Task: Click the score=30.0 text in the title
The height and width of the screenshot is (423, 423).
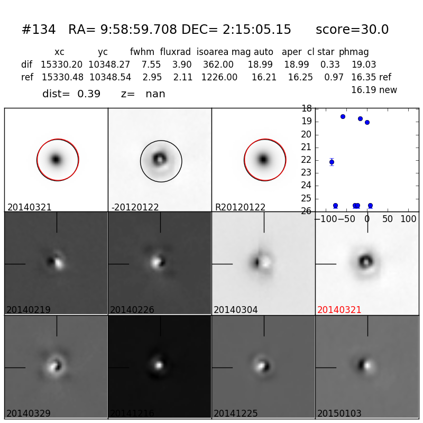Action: coord(352,30)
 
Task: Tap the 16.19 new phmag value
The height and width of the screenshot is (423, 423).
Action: coord(374,90)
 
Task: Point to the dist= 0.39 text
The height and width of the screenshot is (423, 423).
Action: coord(71,94)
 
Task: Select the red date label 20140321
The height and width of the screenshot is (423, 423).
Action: coord(339,310)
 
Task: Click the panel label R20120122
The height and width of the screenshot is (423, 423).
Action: coord(240,207)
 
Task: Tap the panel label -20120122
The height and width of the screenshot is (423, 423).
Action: coord(135,207)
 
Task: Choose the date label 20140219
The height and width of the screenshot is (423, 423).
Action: coord(29,310)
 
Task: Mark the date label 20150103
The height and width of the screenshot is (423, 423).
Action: coord(339,413)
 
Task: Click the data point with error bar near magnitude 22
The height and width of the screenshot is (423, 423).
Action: coord(332,162)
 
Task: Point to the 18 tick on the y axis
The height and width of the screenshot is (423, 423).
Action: coord(306,109)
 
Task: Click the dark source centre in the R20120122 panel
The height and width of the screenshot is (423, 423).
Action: coord(263,159)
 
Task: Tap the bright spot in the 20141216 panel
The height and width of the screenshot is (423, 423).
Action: coord(158,364)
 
